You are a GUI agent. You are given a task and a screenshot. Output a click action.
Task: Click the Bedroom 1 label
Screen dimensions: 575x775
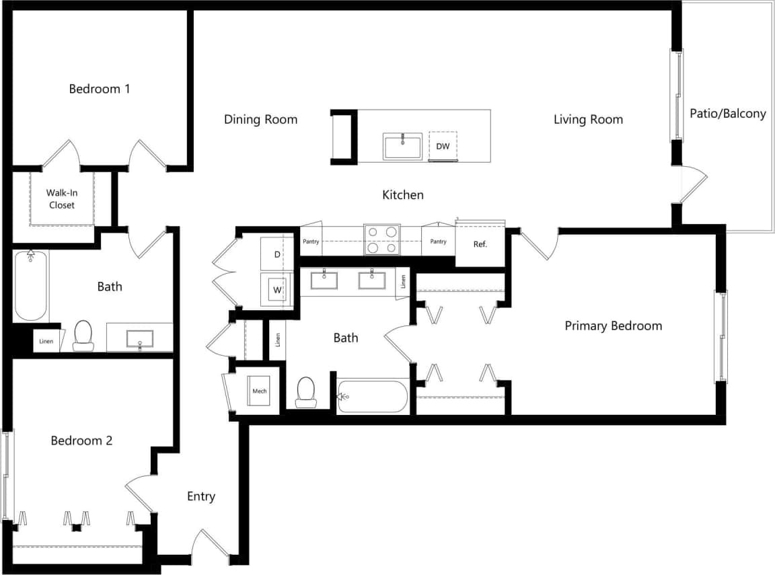pyautogui.click(x=100, y=89)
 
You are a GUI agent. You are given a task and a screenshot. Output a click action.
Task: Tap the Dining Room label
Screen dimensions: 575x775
pyautogui.click(x=260, y=120)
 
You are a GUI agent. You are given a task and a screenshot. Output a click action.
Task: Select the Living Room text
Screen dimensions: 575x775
pyautogui.click(x=588, y=120)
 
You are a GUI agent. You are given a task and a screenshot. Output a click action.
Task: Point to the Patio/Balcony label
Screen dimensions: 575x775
pyautogui.click(x=727, y=114)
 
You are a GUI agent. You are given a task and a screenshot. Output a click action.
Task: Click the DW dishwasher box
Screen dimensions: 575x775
pyautogui.click(x=443, y=146)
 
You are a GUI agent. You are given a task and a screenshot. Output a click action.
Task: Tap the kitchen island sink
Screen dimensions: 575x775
pyautogui.click(x=402, y=146)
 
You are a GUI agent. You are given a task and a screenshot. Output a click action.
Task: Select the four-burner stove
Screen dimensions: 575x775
pyautogui.click(x=381, y=240)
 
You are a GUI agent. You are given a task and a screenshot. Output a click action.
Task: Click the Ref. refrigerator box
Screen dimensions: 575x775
pyautogui.click(x=480, y=244)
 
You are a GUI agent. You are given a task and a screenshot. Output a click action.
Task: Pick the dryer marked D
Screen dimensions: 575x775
pyautogui.click(x=276, y=254)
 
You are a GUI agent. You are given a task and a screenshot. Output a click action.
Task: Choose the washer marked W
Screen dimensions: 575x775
pyautogui.click(x=276, y=291)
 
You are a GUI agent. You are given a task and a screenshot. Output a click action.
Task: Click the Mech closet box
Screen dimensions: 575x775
pyautogui.click(x=259, y=391)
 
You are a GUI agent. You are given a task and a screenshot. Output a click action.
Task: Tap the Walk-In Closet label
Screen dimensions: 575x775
pyautogui.click(x=61, y=199)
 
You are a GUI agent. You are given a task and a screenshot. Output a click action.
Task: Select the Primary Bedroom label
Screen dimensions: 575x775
pyautogui.click(x=613, y=326)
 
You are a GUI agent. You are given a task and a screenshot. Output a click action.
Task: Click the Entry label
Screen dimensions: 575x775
pyautogui.click(x=200, y=497)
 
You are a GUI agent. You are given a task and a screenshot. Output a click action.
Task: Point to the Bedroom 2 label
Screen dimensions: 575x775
pyautogui.click(x=81, y=441)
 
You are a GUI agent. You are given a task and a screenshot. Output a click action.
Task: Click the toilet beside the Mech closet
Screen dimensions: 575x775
pyautogui.click(x=306, y=392)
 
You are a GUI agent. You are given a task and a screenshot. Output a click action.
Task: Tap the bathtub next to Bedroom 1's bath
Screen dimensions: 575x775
pyautogui.click(x=30, y=286)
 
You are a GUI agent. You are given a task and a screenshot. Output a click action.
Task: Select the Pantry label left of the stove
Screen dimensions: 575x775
pyautogui.click(x=311, y=241)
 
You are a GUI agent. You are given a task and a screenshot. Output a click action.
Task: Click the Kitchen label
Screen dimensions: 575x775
pyautogui.click(x=403, y=195)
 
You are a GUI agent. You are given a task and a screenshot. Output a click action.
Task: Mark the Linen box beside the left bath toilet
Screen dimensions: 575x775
pyautogui.click(x=46, y=341)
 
